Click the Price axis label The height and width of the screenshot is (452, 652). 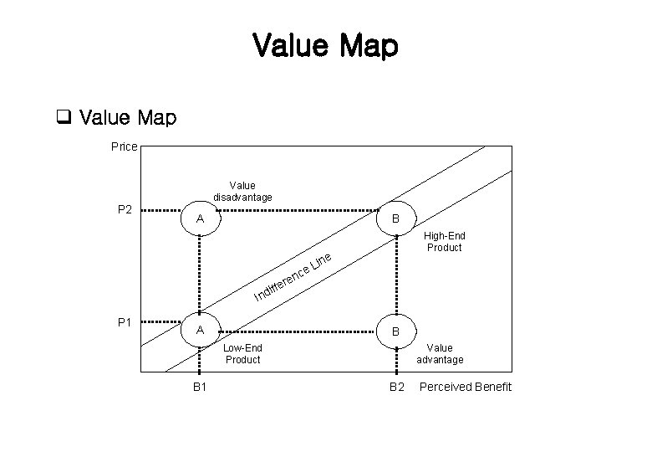click(x=125, y=146)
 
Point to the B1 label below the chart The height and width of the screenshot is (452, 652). click(x=200, y=387)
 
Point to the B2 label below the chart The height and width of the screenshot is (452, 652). click(x=396, y=387)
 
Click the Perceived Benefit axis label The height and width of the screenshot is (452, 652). click(x=465, y=387)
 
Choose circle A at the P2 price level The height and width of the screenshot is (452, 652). click(x=200, y=218)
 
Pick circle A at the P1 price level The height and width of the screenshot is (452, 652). click(x=200, y=330)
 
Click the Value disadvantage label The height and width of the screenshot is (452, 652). click(x=242, y=191)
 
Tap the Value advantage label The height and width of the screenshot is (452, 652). click(x=440, y=353)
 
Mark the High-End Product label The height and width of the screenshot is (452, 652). click(x=444, y=242)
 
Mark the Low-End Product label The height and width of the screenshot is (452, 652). click(x=242, y=353)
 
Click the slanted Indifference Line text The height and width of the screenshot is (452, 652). click(x=294, y=275)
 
